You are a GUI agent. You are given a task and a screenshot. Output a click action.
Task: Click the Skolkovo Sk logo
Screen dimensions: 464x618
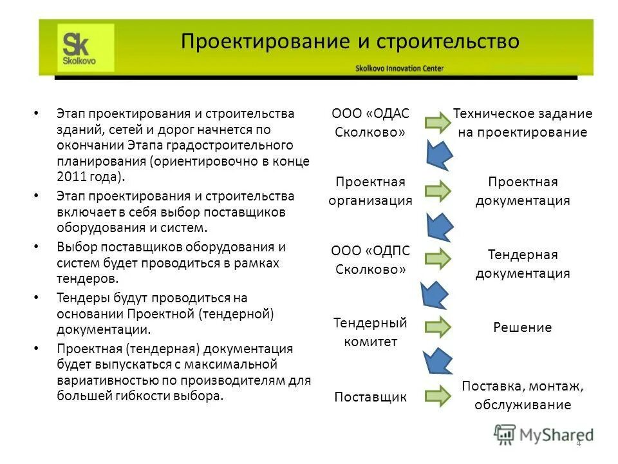click(86, 48)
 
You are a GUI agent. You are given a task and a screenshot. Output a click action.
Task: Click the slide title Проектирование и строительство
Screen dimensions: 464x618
click(350, 42)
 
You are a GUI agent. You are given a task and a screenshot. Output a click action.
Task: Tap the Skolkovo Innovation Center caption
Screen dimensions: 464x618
click(399, 68)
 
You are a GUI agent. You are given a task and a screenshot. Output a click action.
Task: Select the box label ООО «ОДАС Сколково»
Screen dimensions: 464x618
click(370, 122)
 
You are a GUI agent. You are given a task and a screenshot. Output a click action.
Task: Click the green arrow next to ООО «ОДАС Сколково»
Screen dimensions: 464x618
click(438, 122)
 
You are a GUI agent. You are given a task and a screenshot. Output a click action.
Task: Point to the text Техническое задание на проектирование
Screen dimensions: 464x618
click(522, 122)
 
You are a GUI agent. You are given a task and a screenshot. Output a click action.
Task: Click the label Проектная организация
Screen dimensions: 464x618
click(370, 191)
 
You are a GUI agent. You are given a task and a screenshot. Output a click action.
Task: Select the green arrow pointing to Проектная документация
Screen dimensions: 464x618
click(438, 191)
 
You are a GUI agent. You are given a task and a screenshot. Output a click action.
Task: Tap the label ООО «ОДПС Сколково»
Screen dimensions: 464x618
click(370, 260)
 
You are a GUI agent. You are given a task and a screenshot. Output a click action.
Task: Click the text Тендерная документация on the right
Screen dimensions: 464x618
click(522, 264)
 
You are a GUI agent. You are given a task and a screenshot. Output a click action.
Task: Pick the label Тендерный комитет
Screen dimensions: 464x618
click(370, 331)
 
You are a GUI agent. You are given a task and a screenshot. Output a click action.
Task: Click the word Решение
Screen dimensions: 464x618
click(522, 327)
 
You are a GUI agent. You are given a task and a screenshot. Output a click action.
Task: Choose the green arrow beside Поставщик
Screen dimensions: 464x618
click(438, 396)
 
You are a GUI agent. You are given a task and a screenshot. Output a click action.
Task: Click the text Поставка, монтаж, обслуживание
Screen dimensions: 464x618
click(522, 396)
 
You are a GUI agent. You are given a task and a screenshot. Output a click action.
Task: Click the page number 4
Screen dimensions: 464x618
click(578, 443)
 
